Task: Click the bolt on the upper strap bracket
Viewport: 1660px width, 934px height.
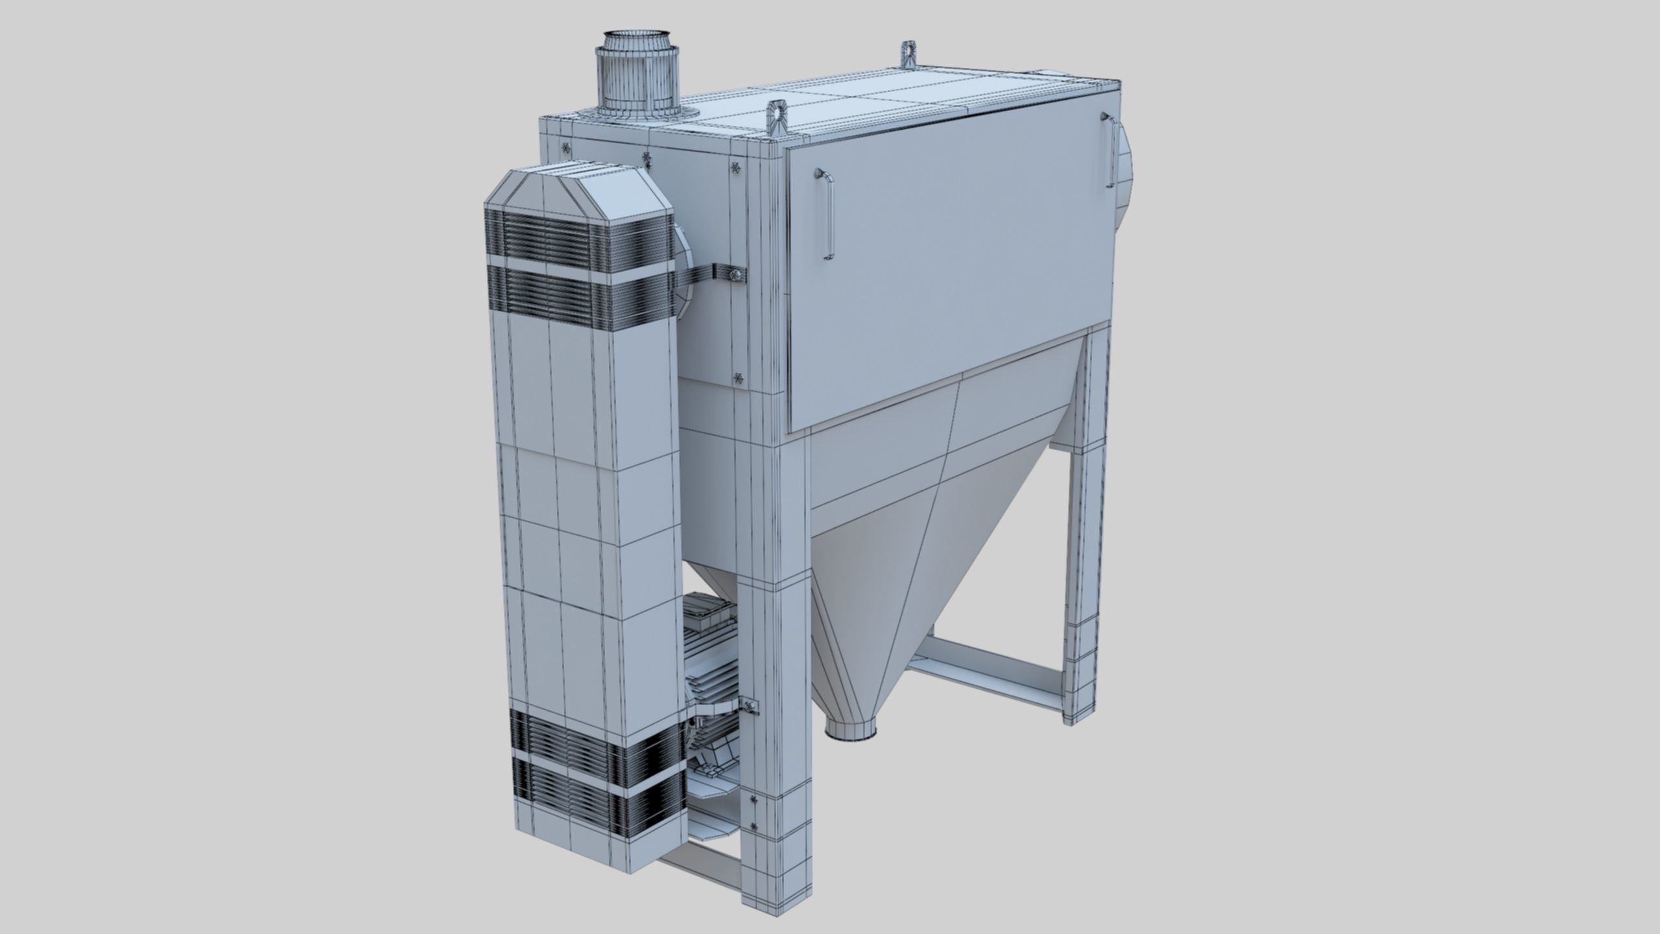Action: tap(735, 276)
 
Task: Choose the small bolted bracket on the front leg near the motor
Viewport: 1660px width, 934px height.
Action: tap(750, 706)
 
